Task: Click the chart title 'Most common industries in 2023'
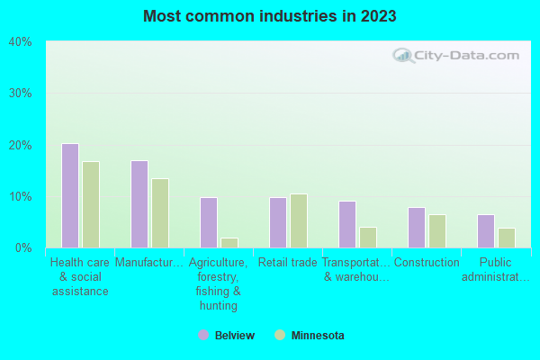pyautogui.click(x=269, y=16)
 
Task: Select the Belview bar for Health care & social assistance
pyautogui.click(x=70, y=195)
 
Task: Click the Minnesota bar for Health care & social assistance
pyautogui.click(x=91, y=204)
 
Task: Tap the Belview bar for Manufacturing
pyautogui.click(x=139, y=204)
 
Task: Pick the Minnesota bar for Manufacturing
pyautogui.click(x=160, y=212)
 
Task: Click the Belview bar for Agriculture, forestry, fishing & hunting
pyautogui.click(x=209, y=222)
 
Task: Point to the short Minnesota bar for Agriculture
pyautogui.click(x=229, y=243)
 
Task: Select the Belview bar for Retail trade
pyautogui.click(x=278, y=222)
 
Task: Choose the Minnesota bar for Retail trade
pyautogui.click(x=299, y=220)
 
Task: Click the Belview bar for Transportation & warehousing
pyautogui.click(x=347, y=224)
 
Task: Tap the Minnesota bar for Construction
pyautogui.click(x=437, y=230)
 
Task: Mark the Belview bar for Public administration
pyautogui.click(x=486, y=230)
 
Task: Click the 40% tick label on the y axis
pyautogui.click(x=20, y=41)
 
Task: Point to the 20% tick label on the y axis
pyautogui.click(x=20, y=145)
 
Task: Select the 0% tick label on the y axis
pyautogui.click(x=23, y=247)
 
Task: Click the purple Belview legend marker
pyautogui.click(x=203, y=336)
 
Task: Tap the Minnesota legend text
pyautogui.click(x=317, y=336)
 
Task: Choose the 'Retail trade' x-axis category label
pyautogui.click(x=288, y=263)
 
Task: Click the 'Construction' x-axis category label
pyautogui.click(x=427, y=263)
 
